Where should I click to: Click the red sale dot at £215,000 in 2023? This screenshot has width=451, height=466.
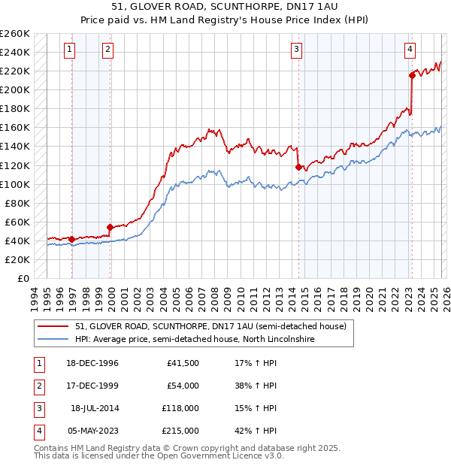click(x=412, y=75)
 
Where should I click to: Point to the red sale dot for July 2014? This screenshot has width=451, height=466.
click(x=299, y=167)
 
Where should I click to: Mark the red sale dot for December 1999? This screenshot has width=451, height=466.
click(x=110, y=227)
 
